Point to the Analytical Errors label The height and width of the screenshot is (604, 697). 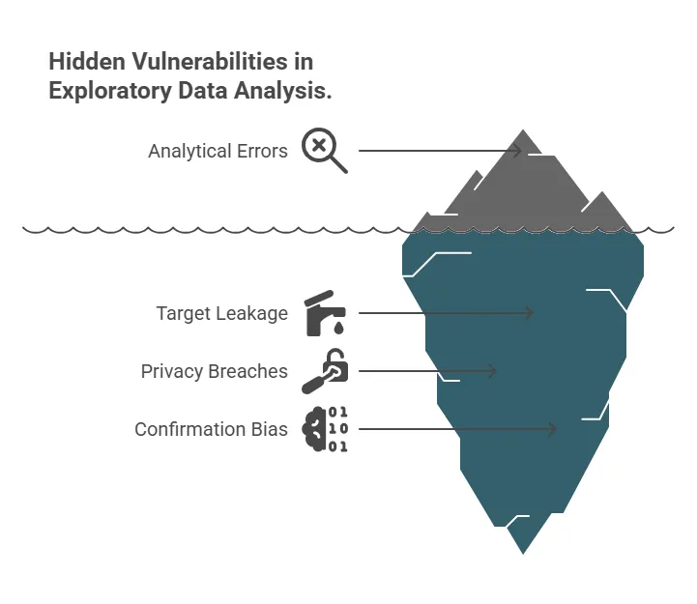click(x=218, y=151)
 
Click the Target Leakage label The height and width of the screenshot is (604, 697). click(x=221, y=313)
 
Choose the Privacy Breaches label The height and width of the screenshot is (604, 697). click(x=214, y=371)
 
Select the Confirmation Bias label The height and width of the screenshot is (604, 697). click(x=211, y=429)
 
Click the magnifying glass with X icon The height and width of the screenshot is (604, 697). click(x=324, y=150)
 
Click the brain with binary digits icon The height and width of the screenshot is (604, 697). click(x=326, y=429)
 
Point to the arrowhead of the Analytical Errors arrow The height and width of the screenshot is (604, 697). click(x=518, y=151)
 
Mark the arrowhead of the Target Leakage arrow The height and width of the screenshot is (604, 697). click(x=530, y=313)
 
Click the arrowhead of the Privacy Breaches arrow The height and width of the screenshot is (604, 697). click(x=492, y=371)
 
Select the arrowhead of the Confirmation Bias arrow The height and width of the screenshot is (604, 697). click(x=553, y=429)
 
